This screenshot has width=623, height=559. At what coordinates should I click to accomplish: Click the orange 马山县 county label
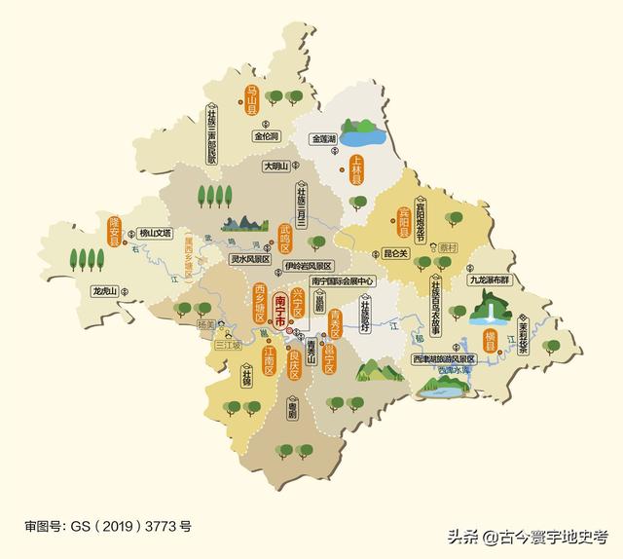tap(249, 101)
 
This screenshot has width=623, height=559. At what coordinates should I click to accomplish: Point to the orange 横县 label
tap(490, 338)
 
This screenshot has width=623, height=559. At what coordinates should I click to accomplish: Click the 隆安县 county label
tap(114, 234)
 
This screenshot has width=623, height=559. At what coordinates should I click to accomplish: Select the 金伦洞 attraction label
tap(267, 136)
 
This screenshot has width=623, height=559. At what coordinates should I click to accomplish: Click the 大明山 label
tap(275, 168)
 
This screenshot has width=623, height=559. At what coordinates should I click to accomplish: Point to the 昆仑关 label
tap(397, 253)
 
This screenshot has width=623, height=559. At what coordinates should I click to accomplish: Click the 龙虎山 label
tap(104, 291)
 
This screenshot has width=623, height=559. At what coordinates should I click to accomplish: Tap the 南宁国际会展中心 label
tap(336, 280)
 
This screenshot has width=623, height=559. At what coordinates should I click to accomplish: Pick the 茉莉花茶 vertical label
tap(523, 337)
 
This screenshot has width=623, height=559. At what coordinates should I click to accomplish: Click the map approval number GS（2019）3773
tap(108, 526)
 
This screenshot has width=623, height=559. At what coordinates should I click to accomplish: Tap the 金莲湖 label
tap(322, 139)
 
